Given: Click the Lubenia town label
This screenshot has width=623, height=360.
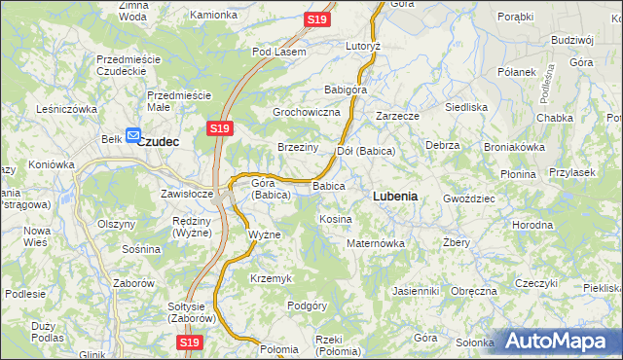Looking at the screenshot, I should pos(395,196).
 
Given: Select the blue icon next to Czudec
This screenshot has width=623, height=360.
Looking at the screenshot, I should pos(132,137).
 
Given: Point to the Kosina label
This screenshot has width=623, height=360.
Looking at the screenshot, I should pos(336,219).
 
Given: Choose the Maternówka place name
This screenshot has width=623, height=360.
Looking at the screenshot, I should pos(376,242).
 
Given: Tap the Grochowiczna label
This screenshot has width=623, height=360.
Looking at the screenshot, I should pos(306,113).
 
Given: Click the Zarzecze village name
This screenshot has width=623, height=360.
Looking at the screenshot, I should pos(397,116).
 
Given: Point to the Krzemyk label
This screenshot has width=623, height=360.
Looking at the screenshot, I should pos(271,278).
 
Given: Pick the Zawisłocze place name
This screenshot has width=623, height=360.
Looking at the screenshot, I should pos(187,193).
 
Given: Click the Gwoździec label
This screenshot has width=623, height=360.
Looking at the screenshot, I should pos(469,197).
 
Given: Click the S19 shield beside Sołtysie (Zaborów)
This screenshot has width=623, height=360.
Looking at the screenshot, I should pos(191,342).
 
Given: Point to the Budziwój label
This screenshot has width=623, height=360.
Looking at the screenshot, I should pos(571,40).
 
